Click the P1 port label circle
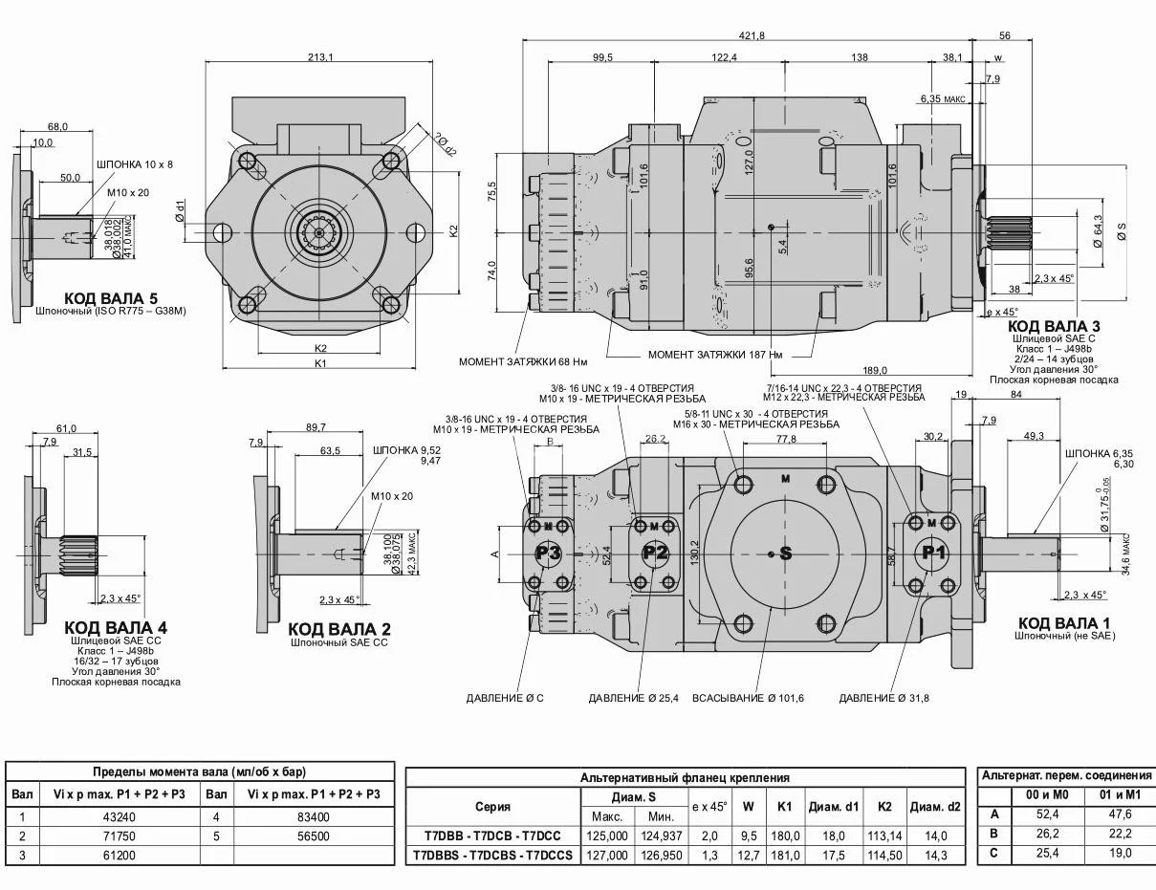933,552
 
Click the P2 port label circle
655,553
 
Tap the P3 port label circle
548,553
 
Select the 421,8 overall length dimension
752,35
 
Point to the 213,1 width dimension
320,57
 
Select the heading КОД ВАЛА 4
116,627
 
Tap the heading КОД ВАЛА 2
339,629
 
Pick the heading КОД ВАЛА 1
1063,623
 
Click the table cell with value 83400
313,816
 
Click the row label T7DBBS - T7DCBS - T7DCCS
492,855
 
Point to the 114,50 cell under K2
884,855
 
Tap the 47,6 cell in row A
1121,814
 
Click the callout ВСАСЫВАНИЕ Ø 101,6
748,698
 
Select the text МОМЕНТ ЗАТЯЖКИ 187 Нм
715,355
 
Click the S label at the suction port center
786,553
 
